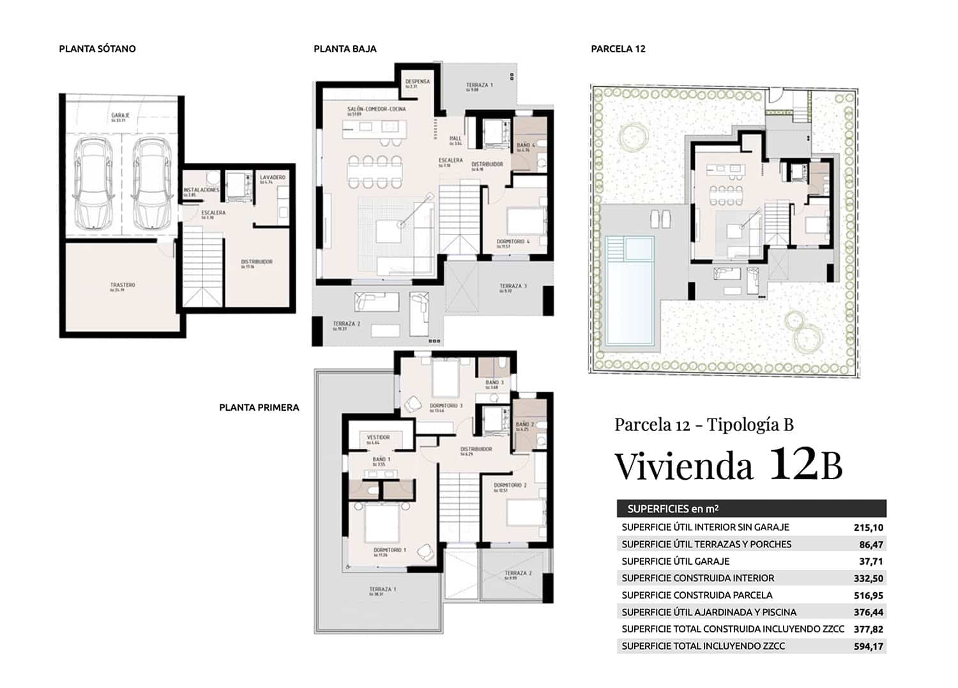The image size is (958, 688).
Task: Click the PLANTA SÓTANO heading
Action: (x=97, y=49)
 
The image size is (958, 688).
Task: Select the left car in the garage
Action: (x=93, y=184)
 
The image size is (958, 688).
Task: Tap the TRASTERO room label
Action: (x=123, y=286)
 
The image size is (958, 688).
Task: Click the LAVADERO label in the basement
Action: (x=273, y=177)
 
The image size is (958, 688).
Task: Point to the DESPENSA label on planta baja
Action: (x=418, y=82)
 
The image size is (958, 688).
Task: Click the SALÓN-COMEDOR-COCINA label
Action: (x=376, y=109)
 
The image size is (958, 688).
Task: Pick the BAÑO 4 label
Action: (x=526, y=146)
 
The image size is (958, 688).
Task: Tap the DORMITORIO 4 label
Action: (x=513, y=241)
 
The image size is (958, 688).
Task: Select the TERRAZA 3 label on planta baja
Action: (x=513, y=286)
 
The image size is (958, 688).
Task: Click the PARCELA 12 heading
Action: (x=618, y=49)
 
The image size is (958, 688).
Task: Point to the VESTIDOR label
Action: (x=378, y=438)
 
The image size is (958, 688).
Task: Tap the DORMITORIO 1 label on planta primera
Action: (x=390, y=550)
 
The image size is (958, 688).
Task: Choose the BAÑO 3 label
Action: (x=494, y=383)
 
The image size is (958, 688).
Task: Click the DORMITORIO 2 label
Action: (x=510, y=485)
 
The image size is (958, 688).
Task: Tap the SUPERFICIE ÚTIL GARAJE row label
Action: (x=675, y=562)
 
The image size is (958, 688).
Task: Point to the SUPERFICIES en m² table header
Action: (x=673, y=509)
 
